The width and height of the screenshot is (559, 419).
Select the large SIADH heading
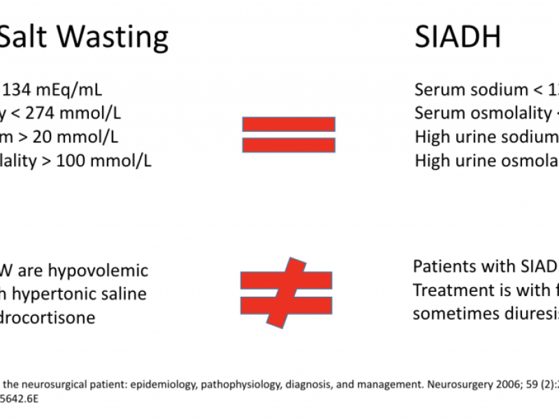point(458,36)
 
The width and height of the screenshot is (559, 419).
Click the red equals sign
point(289,134)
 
